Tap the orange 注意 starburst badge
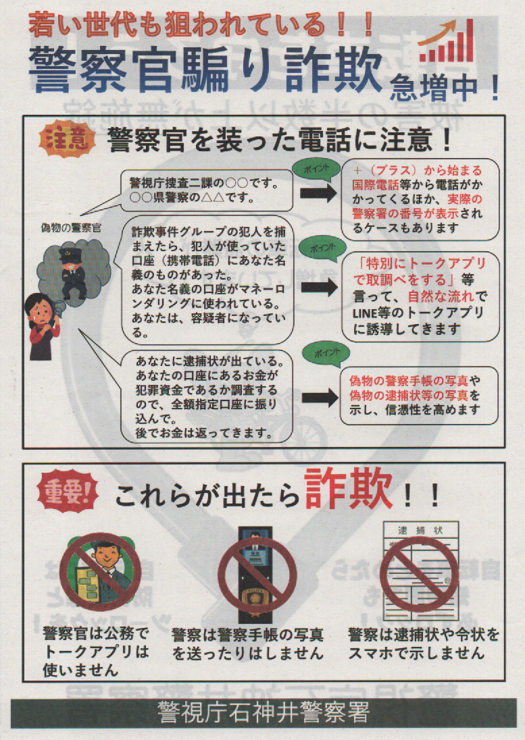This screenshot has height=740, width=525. pyautogui.click(x=67, y=140)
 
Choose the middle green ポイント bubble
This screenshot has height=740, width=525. pyautogui.click(x=322, y=248)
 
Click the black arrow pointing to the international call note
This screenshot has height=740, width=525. pyautogui.click(x=318, y=193)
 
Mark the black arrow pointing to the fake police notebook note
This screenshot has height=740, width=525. pyautogui.click(x=320, y=398)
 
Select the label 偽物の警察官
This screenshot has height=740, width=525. pyautogui.click(x=72, y=228)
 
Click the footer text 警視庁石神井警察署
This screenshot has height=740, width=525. pyautogui.click(x=263, y=712)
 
